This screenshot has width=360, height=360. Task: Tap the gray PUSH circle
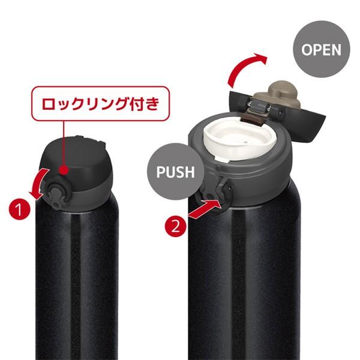pos(176,171)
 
